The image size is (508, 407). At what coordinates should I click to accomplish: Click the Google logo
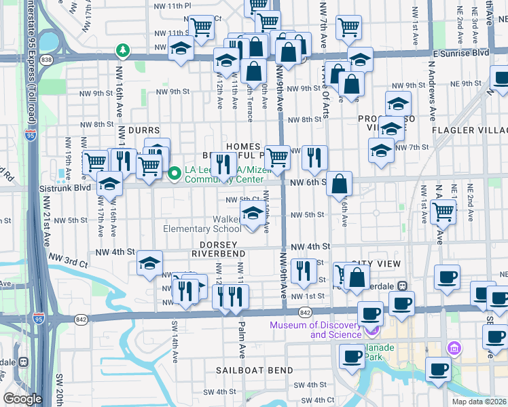click(x=22, y=399)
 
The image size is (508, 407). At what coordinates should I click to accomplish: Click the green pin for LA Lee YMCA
click(x=175, y=174)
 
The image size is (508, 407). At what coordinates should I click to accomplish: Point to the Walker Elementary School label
click(x=202, y=224)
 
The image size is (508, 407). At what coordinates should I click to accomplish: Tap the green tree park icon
click(x=123, y=50)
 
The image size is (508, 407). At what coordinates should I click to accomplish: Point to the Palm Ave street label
click(x=241, y=338)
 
